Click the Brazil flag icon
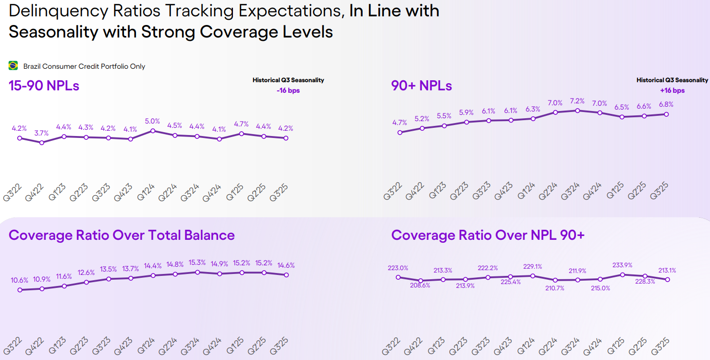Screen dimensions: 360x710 (13, 66)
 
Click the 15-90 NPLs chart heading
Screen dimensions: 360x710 (44, 86)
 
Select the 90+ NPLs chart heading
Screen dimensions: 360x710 (421, 86)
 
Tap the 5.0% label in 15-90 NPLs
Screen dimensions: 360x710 (152, 121)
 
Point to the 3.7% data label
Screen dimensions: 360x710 (42, 133)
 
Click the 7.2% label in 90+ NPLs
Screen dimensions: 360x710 (577, 101)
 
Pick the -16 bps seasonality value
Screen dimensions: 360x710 (288, 90)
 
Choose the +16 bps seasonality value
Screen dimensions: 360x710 (673, 90)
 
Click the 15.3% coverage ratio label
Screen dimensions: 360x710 (197, 262)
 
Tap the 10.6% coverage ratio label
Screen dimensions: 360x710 (20, 280)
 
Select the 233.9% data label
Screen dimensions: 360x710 (623, 265)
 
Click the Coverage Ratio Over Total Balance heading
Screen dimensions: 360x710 (122, 235)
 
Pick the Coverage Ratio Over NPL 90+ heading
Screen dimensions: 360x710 (488, 235)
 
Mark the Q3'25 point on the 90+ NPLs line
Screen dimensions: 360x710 (666, 114)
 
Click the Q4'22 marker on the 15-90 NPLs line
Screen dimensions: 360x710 (42, 142)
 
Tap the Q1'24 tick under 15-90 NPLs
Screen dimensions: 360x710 (146, 190)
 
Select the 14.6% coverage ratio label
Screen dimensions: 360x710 (286, 265)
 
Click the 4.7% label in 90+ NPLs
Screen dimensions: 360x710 (400, 123)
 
